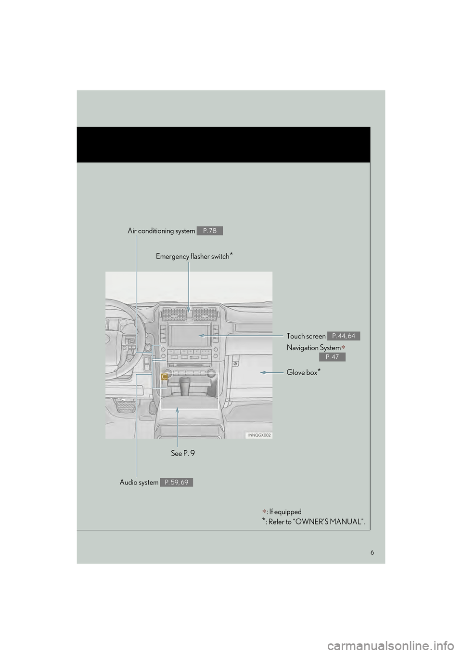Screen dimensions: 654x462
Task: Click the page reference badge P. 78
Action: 209,231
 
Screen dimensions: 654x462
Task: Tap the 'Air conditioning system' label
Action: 161,231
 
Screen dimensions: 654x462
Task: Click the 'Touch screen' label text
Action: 306,336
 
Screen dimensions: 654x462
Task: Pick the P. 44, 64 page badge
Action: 344,336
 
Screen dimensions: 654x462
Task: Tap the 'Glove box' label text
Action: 302,373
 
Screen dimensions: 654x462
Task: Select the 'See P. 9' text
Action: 183,453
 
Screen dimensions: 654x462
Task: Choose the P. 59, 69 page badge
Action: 177,482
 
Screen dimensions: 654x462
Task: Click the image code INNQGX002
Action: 260,435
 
